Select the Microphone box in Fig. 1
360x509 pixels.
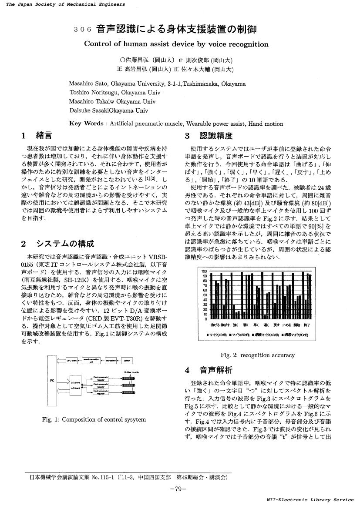tap(110, 361)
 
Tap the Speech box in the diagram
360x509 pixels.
tap(127, 361)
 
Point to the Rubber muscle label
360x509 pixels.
tap(131, 372)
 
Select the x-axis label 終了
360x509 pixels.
tap(308, 325)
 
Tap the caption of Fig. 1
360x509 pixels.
tap(94, 419)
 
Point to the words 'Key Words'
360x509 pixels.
tap(86, 124)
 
